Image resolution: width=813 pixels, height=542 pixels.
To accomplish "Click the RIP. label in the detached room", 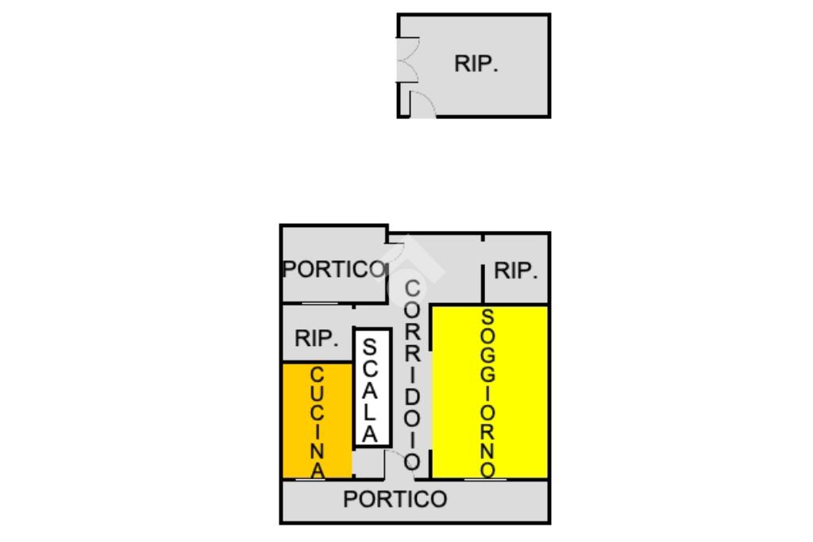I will (x=476, y=64).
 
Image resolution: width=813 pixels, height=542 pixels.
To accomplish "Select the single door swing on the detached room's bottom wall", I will (x=422, y=105).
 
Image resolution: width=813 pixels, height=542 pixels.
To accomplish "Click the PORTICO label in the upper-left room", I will (x=333, y=270).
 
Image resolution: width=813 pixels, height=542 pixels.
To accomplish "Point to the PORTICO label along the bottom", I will (x=395, y=500).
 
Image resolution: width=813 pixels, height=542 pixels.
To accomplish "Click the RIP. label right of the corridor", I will (x=515, y=271).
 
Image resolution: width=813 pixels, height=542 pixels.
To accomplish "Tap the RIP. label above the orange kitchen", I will (x=316, y=339).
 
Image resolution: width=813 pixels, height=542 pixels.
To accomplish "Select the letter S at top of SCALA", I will (x=370, y=348).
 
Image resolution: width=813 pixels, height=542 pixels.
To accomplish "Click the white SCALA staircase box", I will (x=372, y=388).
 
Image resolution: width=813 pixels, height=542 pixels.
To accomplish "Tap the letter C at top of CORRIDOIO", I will (x=411, y=288).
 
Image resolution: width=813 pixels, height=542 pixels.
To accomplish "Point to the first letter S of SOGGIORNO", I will (x=487, y=317).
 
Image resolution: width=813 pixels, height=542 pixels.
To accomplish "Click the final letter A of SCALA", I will (x=370, y=433).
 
